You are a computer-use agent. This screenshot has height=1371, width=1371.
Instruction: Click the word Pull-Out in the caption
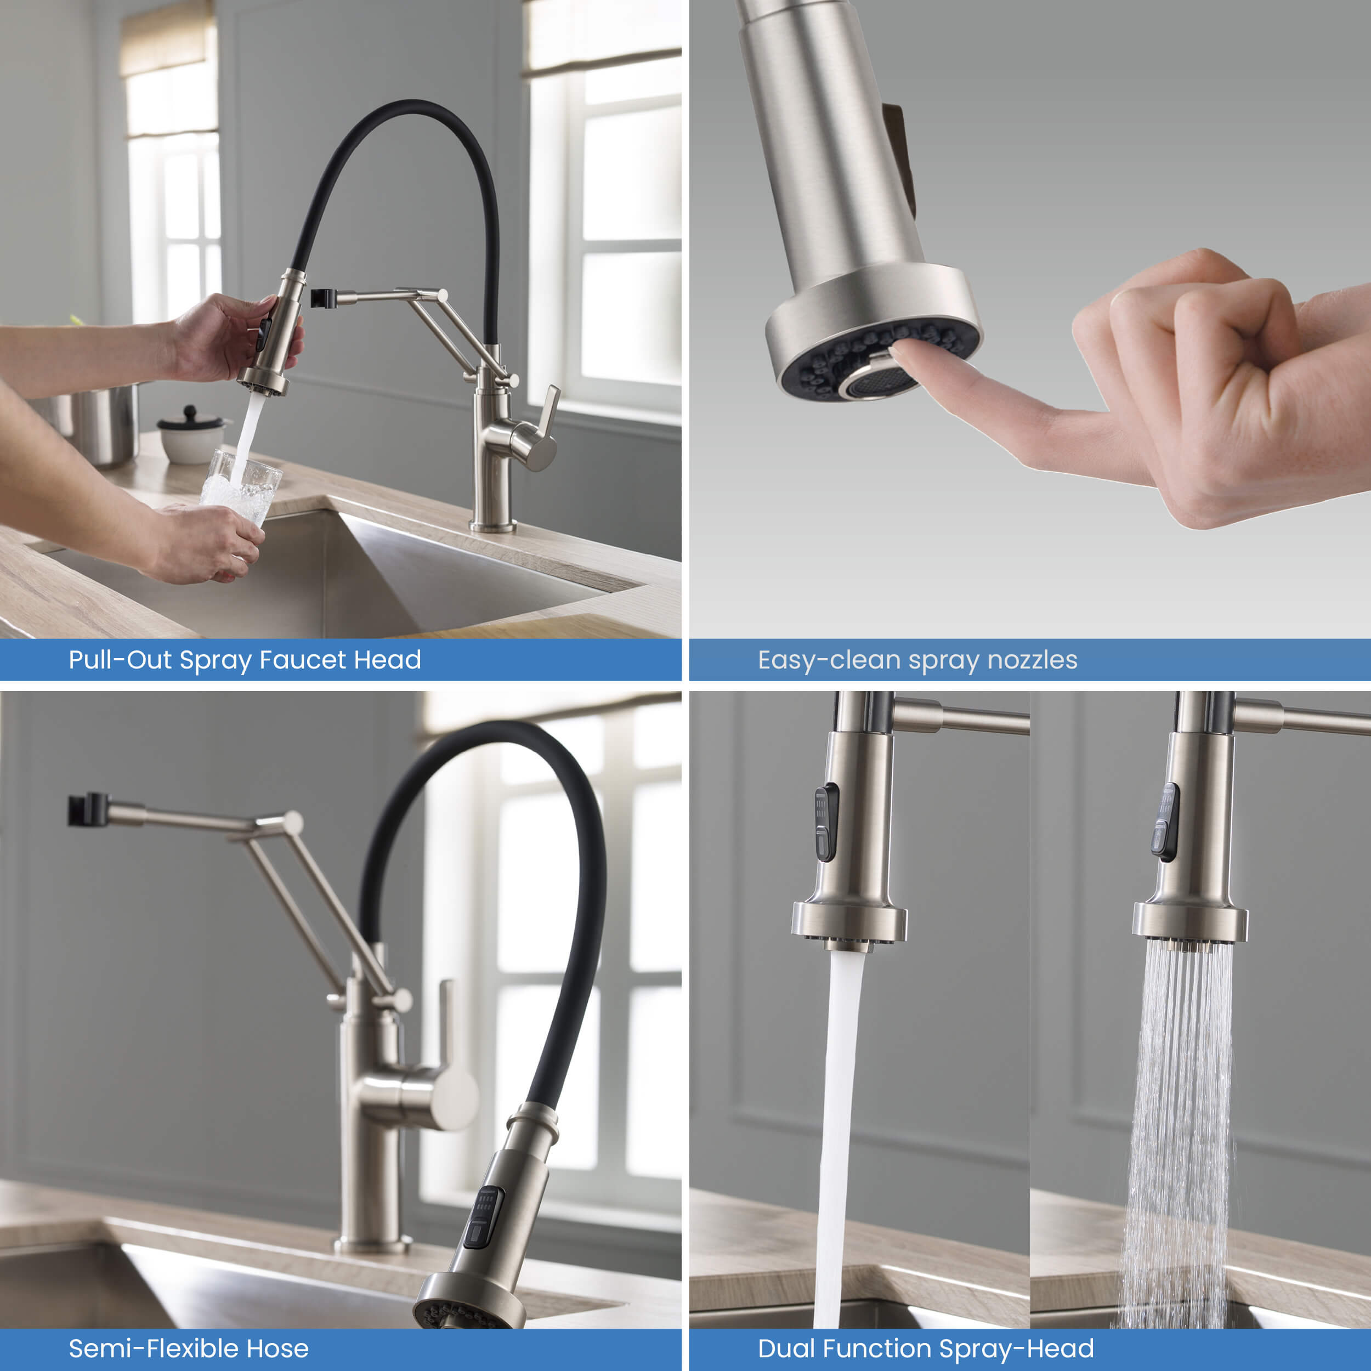(120, 660)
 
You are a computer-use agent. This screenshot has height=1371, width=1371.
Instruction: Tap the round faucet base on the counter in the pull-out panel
(492, 526)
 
